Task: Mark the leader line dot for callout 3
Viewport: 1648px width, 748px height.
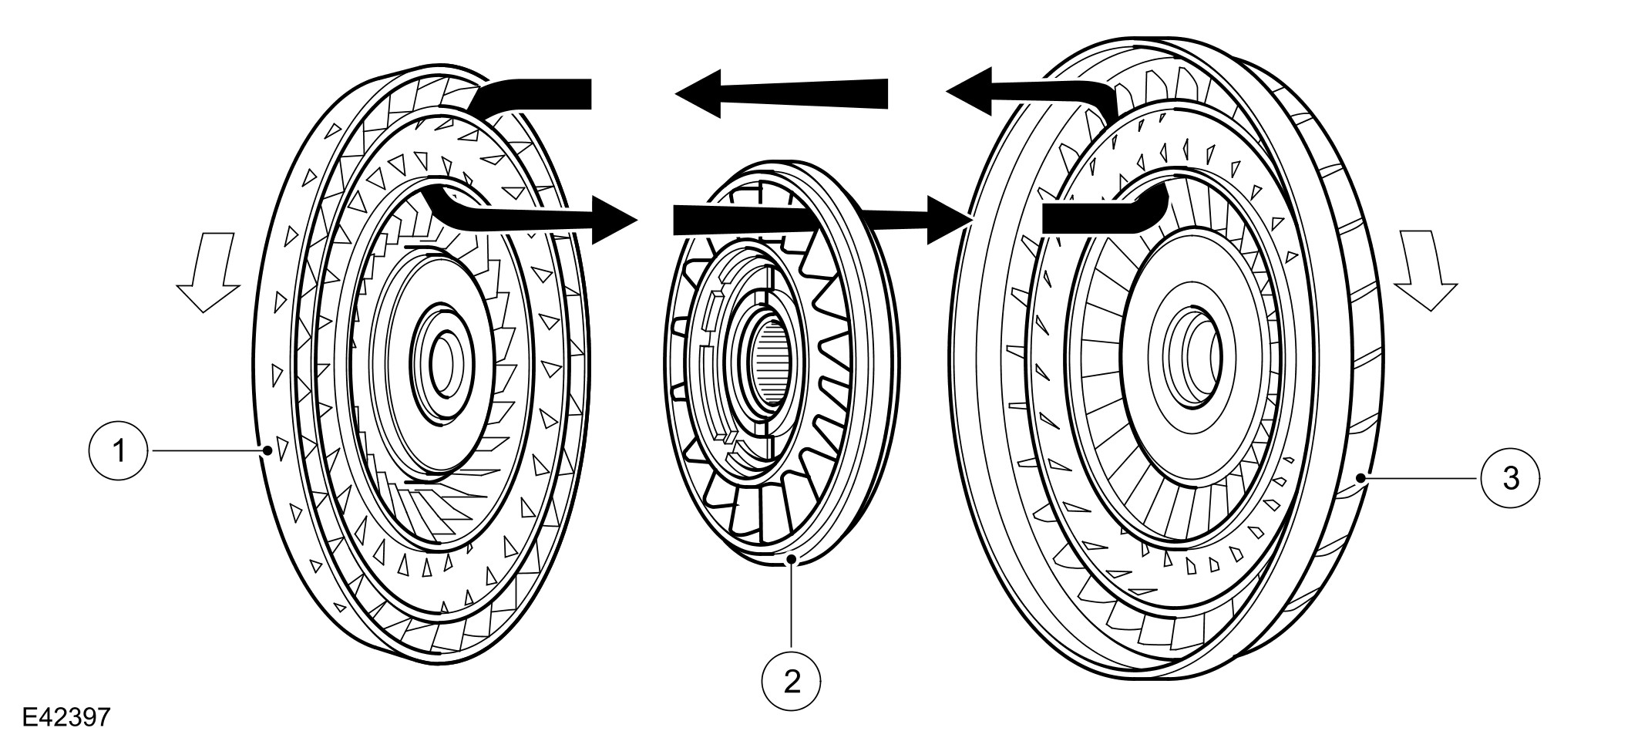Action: [x=1363, y=479]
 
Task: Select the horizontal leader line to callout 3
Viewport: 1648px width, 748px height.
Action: [x=1422, y=479]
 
